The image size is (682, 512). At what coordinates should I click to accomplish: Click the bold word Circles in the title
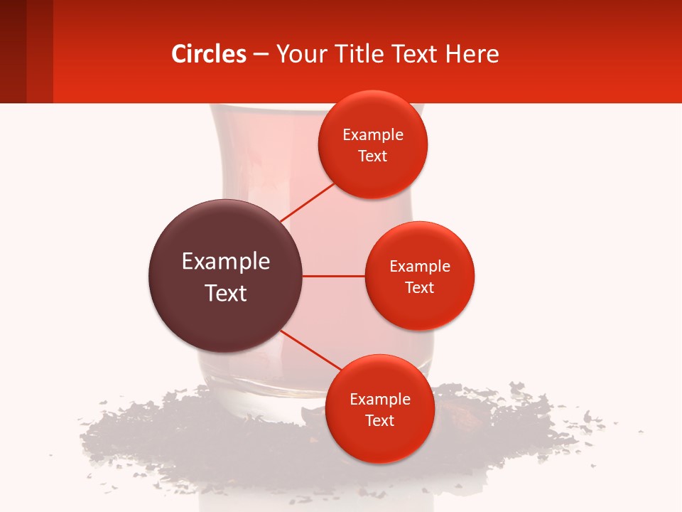(x=209, y=54)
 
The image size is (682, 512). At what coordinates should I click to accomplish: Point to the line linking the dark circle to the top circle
(x=308, y=203)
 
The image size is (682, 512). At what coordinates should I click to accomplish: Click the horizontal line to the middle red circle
(x=334, y=276)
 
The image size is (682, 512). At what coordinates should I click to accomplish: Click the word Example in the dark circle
(x=225, y=262)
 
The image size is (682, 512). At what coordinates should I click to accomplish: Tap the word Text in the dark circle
(x=225, y=293)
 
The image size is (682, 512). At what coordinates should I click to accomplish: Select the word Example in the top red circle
(x=372, y=135)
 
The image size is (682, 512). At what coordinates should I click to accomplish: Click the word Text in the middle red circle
(x=420, y=287)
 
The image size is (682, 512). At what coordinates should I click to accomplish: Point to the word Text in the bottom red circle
(x=379, y=420)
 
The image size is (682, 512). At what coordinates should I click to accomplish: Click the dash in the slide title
(x=261, y=54)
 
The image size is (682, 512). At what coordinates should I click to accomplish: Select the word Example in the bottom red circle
(x=379, y=399)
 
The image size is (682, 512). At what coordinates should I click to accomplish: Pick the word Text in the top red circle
(x=372, y=156)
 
